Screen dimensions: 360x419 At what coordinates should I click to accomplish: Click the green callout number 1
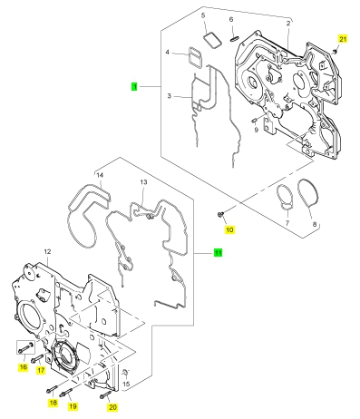pos(134,86)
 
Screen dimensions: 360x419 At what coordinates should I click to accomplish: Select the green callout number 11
pos(218,252)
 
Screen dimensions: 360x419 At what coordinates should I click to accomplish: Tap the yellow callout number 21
pos(343,39)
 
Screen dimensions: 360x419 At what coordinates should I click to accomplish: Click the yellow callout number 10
pos(229,229)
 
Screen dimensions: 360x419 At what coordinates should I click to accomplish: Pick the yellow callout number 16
pos(24,367)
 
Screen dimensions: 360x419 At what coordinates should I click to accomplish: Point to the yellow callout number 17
pos(41,370)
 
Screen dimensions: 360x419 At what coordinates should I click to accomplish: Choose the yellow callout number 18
pos(53,403)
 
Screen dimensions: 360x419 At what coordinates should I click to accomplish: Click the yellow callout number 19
pos(73,406)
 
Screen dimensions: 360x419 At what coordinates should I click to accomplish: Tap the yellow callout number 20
pos(112,407)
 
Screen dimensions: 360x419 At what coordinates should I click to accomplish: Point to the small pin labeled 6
pos(235,38)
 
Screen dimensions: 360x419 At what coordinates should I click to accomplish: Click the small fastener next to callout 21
pos(335,52)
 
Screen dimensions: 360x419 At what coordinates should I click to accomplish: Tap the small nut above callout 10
pos(220,215)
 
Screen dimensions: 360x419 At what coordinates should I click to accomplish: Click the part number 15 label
pos(126,384)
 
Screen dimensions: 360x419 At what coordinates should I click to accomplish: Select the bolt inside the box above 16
pos(25,347)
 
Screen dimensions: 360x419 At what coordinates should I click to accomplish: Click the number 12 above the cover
pos(47,251)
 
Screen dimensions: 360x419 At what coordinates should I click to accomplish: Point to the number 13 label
pos(143,182)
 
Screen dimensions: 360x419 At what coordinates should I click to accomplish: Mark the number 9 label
pos(257,130)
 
